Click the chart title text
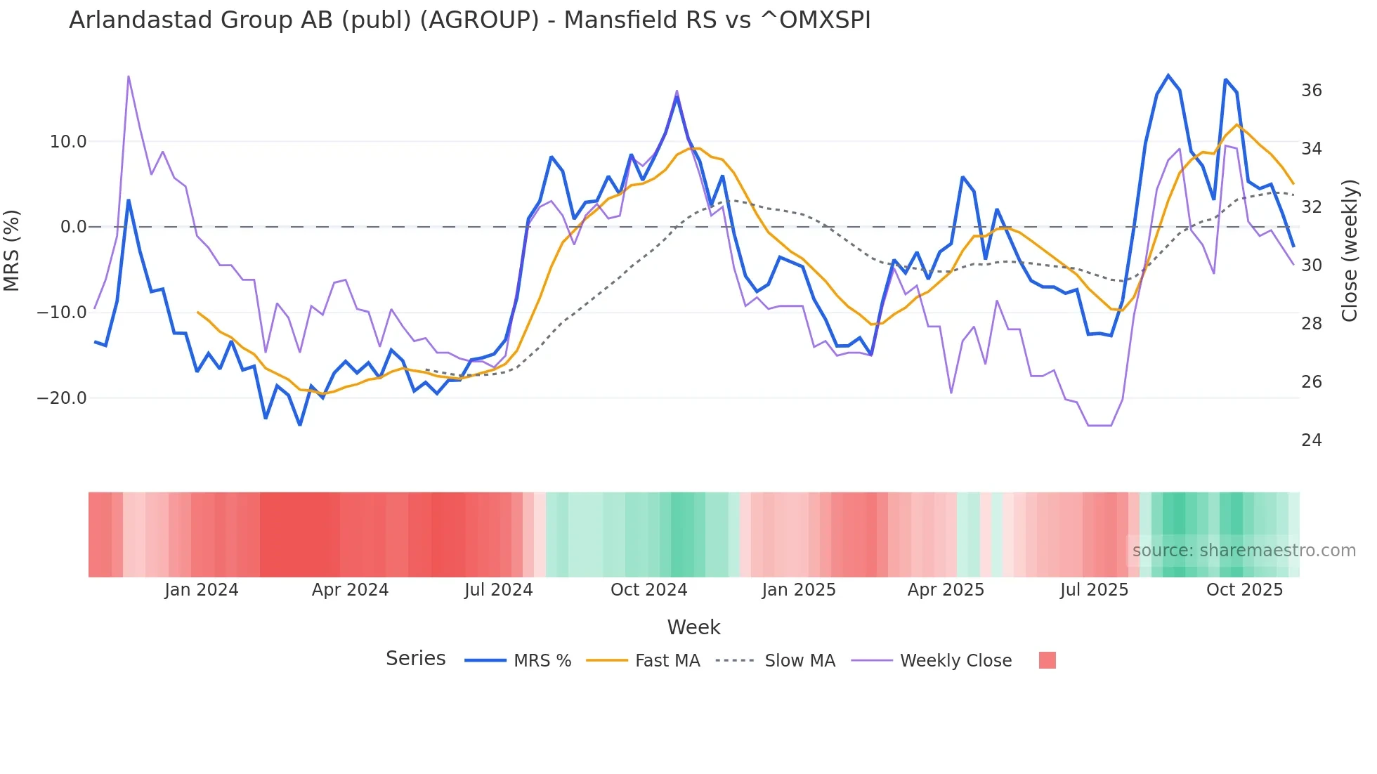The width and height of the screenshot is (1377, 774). click(x=469, y=20)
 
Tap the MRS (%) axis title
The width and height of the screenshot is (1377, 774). click(x=12, y=250)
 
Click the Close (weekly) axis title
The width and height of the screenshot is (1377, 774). click(x=1349, y=250)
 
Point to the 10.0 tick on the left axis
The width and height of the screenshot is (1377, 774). click(x=68, y=142)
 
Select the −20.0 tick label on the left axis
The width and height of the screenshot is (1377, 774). click(x=62, y=398)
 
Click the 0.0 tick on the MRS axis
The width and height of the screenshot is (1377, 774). click(x=73, y=227)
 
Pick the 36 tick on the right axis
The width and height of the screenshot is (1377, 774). click(x=1311, y=91)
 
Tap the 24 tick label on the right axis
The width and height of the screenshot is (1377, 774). click(x=1311, y=440)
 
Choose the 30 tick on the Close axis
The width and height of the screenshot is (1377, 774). click(x=1311, y=265)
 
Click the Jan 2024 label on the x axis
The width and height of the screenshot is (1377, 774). click(x=202, y=590)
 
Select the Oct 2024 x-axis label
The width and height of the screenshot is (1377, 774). click(x=648, y=590)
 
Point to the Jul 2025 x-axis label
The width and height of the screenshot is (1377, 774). click(x=1094, y=590)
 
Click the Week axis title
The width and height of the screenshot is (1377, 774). click(x=693, y=627)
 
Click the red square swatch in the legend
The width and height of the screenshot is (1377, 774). click(x=1047, y=660)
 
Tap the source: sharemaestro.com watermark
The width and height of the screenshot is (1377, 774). click(x=1244, y=551)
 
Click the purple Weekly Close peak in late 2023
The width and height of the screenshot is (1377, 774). click(x=129, y=77)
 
